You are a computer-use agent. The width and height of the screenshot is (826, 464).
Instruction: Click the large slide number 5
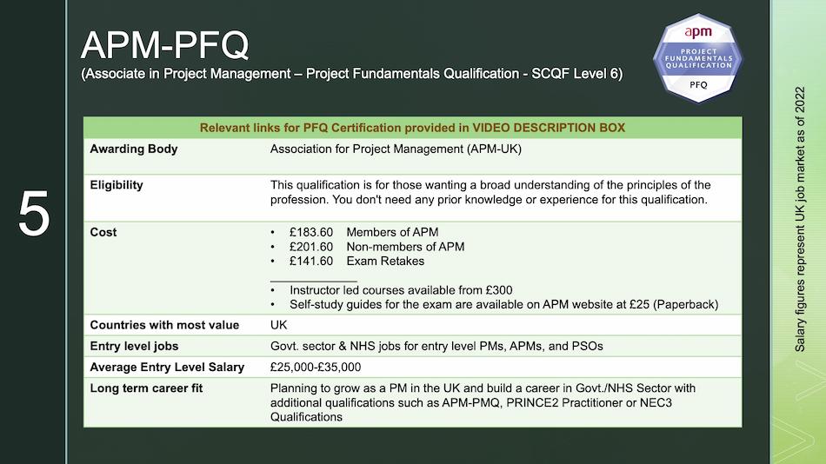coord(34,213)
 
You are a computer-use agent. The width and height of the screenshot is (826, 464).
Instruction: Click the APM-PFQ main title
coord(164,45)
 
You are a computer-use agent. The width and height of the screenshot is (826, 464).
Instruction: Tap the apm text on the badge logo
coord(698,32)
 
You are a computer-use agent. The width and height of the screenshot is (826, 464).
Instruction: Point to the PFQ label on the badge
coord(698,85)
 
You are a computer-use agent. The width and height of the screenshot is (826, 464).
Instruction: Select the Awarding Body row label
coord(134,149)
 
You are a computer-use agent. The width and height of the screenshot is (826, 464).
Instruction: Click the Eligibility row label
coord(117,185)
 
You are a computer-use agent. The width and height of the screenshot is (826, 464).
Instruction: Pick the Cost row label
coord(103,232)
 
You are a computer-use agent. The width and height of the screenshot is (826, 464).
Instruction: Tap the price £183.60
coord(310,232)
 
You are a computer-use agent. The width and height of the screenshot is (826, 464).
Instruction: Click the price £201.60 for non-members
coord(310,247)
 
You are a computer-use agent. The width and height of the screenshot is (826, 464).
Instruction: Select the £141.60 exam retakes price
coord(310,261)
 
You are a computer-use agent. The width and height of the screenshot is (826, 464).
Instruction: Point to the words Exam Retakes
coord(385,261)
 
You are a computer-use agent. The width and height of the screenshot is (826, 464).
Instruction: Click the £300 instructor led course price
coord(499,290)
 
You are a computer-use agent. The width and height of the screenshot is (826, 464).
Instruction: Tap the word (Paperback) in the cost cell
coord(685,304)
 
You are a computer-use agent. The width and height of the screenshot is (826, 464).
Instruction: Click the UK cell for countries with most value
coord(279,325)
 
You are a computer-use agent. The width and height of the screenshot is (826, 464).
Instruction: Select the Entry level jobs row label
coord(134,346)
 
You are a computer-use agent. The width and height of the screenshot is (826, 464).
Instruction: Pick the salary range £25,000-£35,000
coord(316,367)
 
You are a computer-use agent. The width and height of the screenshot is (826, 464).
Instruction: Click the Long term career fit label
coord(146,388)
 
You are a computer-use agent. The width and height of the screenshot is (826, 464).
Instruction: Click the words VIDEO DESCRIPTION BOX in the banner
coord(549,128)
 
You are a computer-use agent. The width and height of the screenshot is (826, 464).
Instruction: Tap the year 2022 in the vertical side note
coord(800,100)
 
